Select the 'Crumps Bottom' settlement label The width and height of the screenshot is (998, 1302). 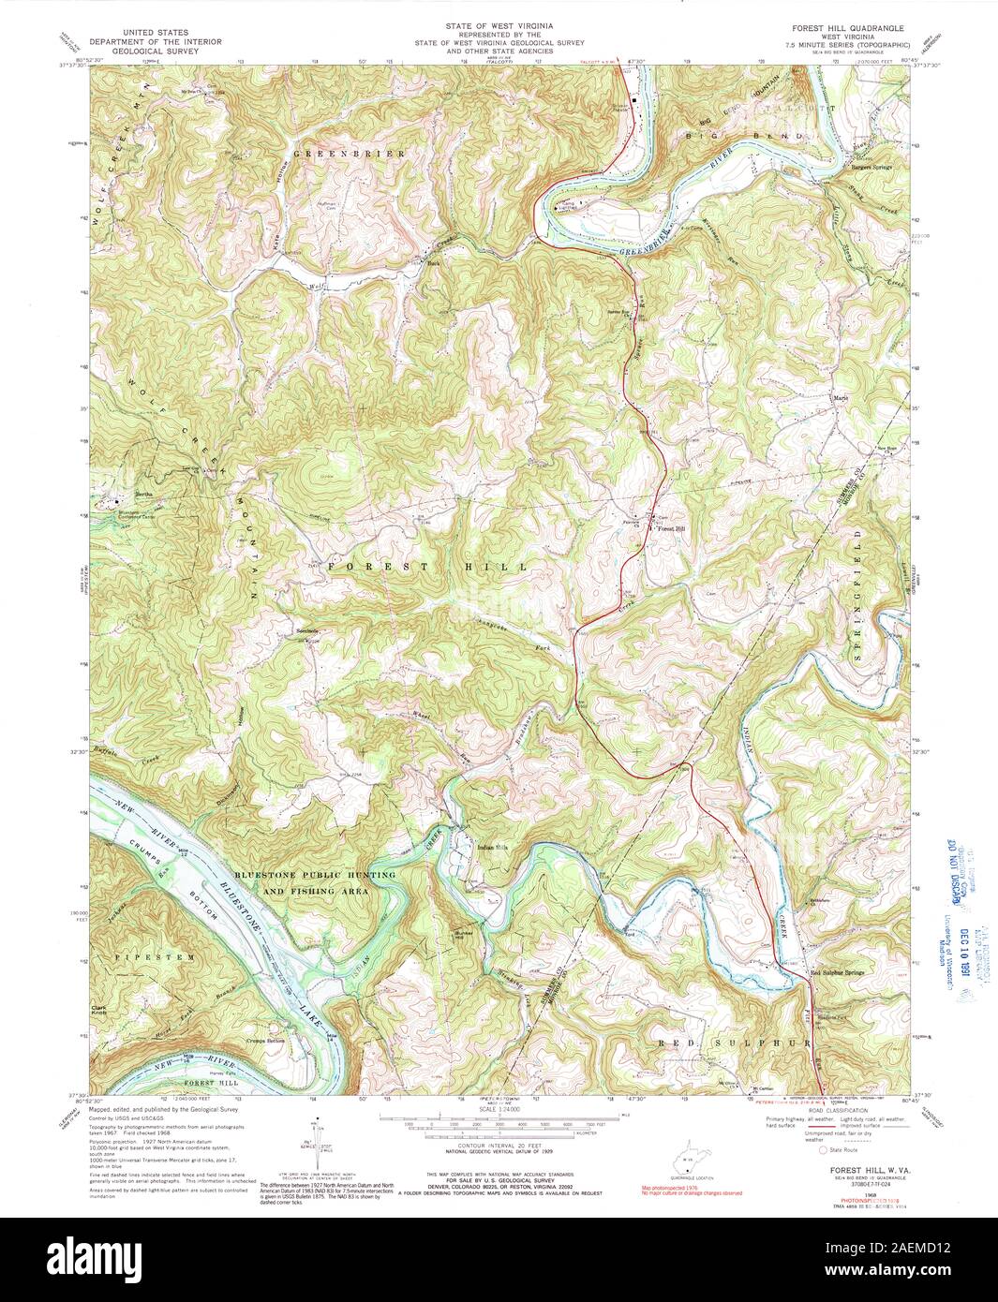(x=265, y=1041)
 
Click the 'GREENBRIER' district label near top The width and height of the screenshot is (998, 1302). (x=350, y=153)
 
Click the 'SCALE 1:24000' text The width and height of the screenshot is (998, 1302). (x=499, y=1111)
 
